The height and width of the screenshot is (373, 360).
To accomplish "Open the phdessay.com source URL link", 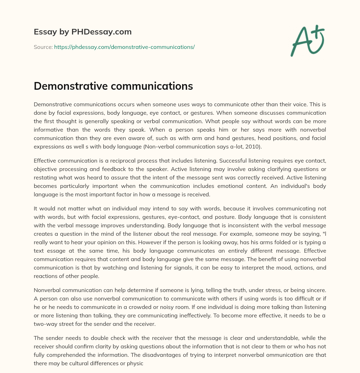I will coord(124,47).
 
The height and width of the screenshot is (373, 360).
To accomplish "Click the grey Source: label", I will coord(43,47).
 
